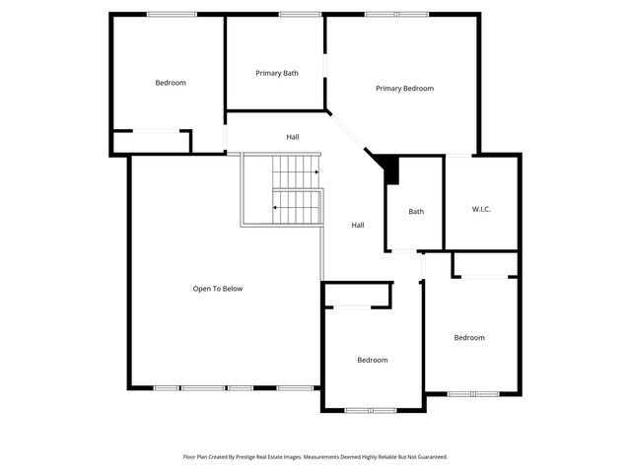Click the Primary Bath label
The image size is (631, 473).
click(x=277, y=73)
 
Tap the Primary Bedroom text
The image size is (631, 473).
click(x=404, y=89)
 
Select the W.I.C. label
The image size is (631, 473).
click(x=481, y=209)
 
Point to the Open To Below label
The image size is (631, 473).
click(x=217, y=289)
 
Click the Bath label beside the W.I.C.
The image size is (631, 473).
click(x=416, y=212)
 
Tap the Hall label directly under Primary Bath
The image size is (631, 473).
click(x=293, y=137)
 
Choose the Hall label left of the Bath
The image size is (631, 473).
click(x=358, y=226)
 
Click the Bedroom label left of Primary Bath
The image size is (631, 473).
click(x=171, y=83)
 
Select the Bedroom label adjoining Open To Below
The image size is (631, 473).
click(x=372, y=360)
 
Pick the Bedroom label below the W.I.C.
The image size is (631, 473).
click(x=469, y=338)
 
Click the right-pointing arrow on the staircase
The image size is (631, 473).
click(x=315, y=172)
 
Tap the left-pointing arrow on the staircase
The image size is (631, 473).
click(x=275, y=208)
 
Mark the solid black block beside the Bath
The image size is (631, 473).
click(x=390, y=169)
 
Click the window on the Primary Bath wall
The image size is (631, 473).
click(x=293, y=14)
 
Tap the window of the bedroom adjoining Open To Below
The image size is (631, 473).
click(x=372, y=409)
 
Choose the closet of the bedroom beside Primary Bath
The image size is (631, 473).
click(x=152, y=142)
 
